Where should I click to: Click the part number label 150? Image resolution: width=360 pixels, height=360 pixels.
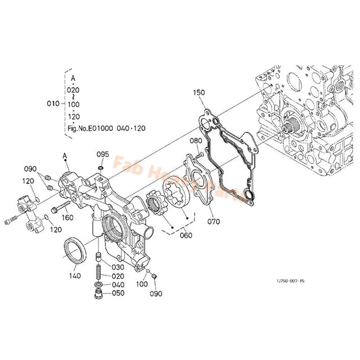click(x=199, y=92)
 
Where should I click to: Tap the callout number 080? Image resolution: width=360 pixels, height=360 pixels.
click(x=195, y=141)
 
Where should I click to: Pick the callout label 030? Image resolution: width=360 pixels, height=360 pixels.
click(x=118, y=267)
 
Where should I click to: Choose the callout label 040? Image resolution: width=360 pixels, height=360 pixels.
click(x=118, y=285)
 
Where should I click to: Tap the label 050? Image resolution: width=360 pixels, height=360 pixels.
click(x=118, y=293)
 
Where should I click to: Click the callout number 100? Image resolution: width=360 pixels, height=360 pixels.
click(x=141, y=284)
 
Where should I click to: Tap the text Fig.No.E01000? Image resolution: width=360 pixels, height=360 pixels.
click(x=91, y=128)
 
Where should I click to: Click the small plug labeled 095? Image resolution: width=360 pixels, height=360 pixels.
click(x=100, y=167)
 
